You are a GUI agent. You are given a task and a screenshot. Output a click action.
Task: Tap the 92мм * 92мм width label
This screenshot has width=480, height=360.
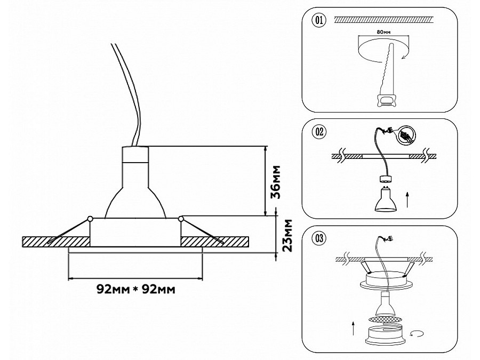coord(136,289)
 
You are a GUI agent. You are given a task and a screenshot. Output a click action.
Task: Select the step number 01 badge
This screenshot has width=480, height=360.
coord(318,21)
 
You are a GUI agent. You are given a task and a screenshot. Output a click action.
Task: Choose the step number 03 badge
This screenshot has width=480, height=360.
coord(318,238)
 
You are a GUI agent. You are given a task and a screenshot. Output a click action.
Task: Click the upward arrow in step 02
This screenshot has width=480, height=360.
coord(407,201)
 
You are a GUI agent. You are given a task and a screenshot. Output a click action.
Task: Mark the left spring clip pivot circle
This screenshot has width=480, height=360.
coord(90,219)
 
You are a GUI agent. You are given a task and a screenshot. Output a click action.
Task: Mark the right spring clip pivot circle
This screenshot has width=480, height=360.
coord(181,219)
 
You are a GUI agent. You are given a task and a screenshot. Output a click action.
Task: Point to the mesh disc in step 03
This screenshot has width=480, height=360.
coord(385,319)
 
